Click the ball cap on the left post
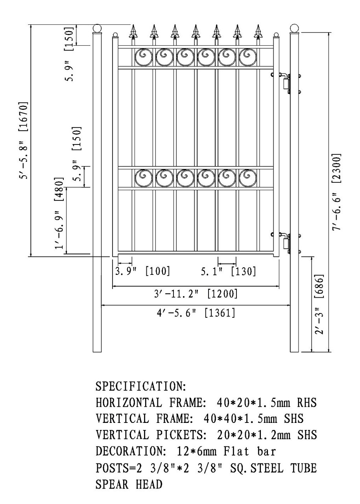(97, 29)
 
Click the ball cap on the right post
(294, 28)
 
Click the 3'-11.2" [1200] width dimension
(196, 294)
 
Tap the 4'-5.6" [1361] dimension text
(196, 313)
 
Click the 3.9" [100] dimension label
(142, 271)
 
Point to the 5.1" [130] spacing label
(228, 271)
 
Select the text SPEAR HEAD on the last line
(129, 485)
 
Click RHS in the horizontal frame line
(307, 403)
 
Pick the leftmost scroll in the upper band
(144, 57)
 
